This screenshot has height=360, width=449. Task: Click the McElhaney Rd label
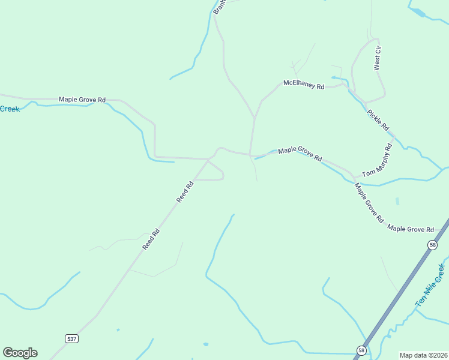304,85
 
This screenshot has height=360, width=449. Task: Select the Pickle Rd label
378,119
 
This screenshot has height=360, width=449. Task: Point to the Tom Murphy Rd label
377,161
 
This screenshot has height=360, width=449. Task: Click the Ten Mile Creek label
430,286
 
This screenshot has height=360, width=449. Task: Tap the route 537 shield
72,339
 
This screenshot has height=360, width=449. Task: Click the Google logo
20,353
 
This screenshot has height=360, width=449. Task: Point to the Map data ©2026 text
423,355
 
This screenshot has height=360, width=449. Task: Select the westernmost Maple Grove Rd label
82,99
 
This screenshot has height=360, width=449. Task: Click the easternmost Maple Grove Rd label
411,229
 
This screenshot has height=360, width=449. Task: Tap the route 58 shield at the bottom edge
361,350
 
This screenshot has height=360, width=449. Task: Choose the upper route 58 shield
432,245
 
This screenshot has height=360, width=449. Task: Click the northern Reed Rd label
185,191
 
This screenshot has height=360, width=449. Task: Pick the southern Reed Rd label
151,239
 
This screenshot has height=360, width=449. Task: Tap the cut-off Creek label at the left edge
10,109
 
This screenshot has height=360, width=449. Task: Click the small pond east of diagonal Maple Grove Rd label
397,201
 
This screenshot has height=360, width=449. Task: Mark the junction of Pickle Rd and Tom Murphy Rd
394,137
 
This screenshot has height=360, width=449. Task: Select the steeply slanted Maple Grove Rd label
369,203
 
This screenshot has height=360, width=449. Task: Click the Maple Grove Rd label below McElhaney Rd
300,154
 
